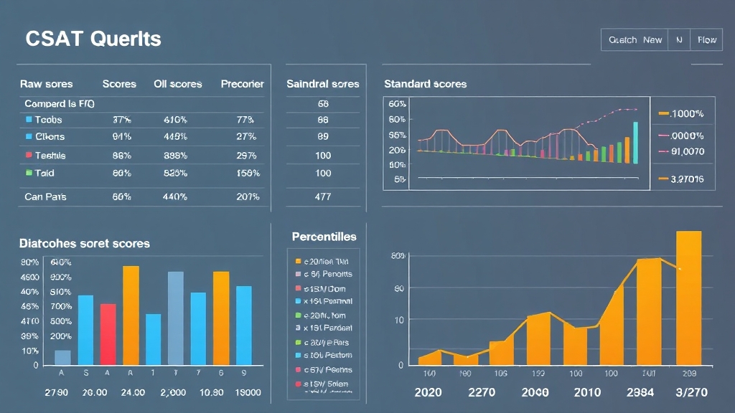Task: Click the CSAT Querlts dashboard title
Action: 93,39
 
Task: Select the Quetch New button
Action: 635,40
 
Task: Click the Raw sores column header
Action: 47,84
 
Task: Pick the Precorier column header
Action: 242,84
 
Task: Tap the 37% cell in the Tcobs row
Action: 122,120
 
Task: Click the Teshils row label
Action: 50,155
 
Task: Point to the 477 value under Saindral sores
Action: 323,196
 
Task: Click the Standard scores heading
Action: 425,84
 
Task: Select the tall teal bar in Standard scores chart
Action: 635,142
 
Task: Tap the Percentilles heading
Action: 324,237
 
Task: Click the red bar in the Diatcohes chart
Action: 108,334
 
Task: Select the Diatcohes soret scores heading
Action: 85,244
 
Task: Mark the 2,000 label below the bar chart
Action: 173,393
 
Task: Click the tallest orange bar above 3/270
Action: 688,298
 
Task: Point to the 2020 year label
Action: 429,393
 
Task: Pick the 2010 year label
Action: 586,393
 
